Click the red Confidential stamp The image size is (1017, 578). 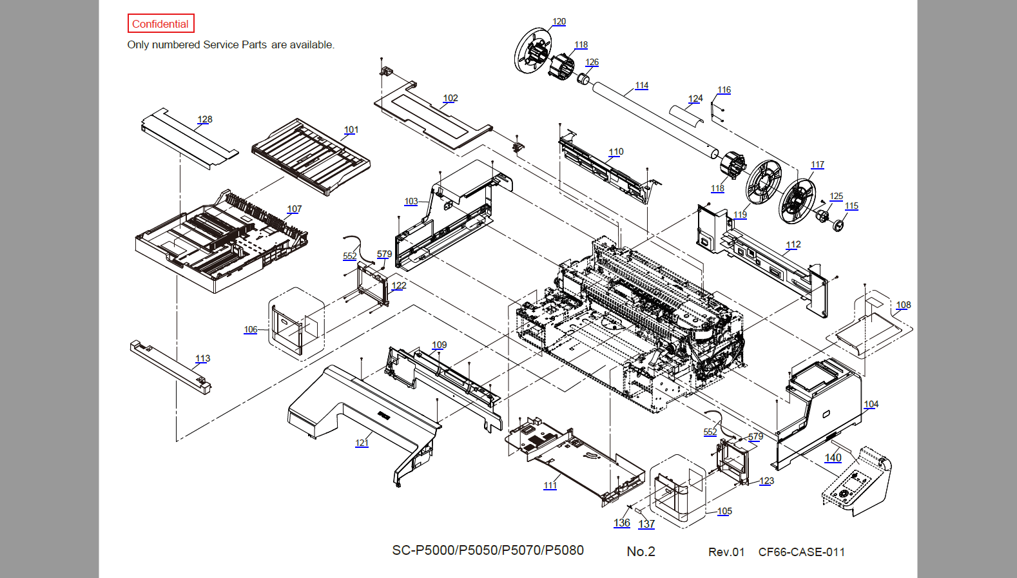click(x=160, y=24)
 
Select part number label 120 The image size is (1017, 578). click(x=559, y=22)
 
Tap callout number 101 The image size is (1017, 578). click(x=351, y=130)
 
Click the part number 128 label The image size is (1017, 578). click(x=205, y=119)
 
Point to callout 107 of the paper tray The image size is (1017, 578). click(x=295, y=209)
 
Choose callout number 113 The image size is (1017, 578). click(x=203, y=358)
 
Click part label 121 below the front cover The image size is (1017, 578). click(x=362, y=443)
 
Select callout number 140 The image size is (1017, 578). click(x=833, y=458)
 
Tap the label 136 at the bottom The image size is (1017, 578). click(x=622, y=523)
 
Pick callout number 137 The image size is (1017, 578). click(x=646, y=524)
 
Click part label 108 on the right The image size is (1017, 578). click(x=904, y=305)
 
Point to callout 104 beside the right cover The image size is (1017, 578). click(x=871, y=404)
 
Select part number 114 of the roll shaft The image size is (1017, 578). click(x=642, y=85)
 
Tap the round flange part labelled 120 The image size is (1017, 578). click(x=532, y=50)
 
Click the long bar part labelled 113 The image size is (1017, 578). click(x=170, y=367)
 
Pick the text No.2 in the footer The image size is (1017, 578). click(x=641, y=552)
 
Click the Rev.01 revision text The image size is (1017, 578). click(x=726, y=552)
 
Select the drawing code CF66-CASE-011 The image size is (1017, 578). click(x=802, y=552)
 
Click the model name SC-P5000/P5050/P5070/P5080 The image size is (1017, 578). click(x=488, y=550)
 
